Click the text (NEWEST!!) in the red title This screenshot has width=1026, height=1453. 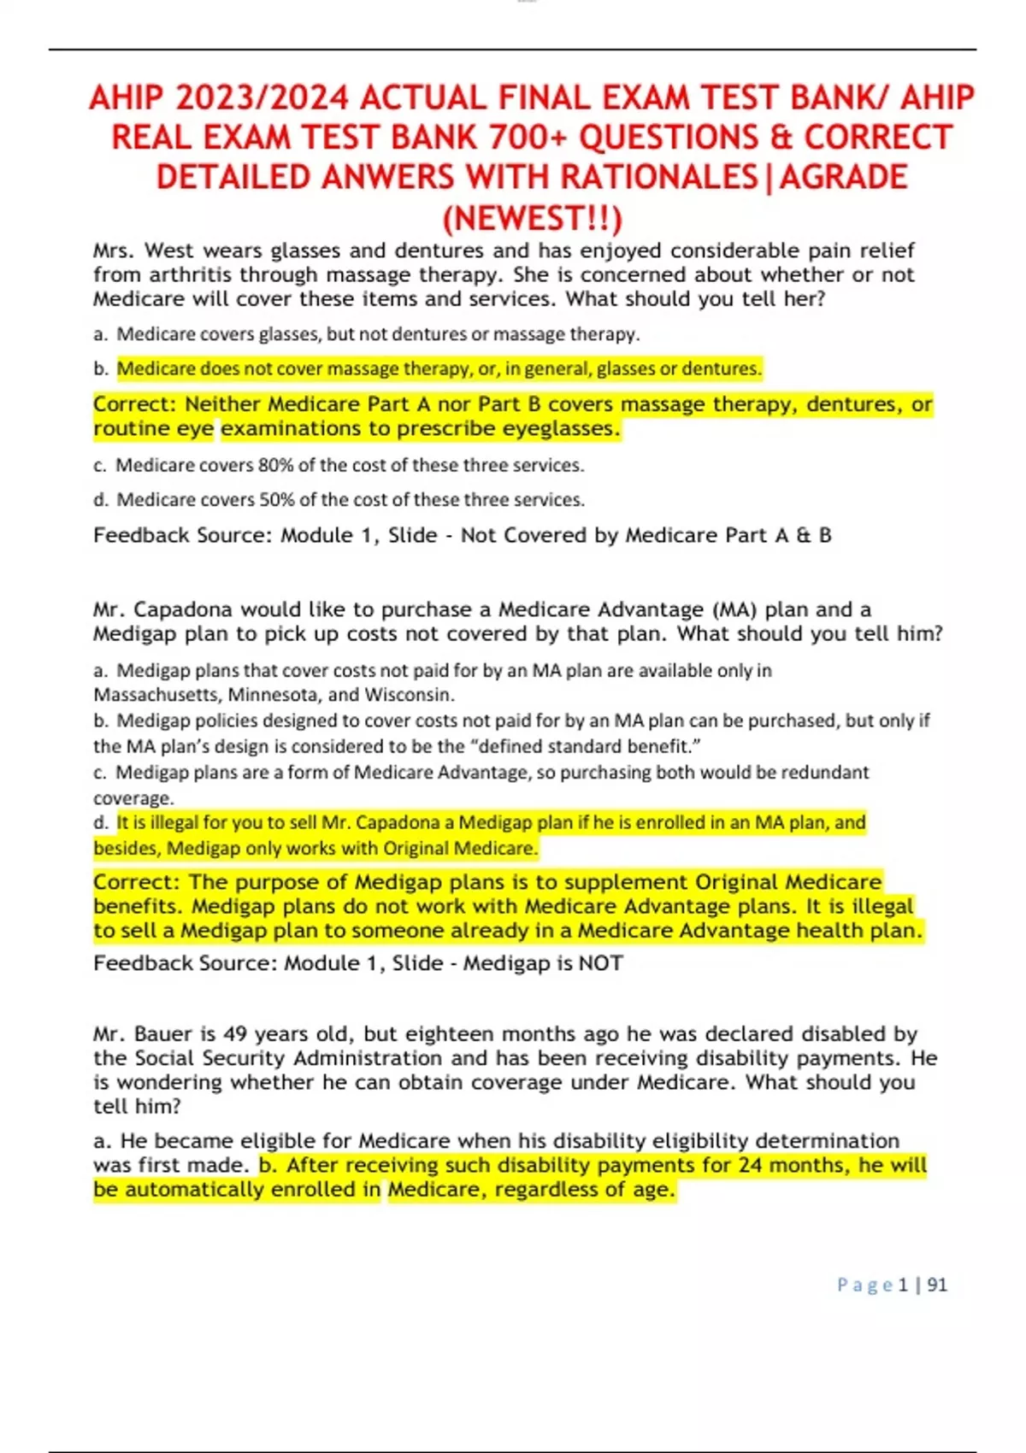click(532, 219)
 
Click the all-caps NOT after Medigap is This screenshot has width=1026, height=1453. click(600, 964)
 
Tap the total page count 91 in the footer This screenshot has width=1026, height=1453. click(937, 1285)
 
